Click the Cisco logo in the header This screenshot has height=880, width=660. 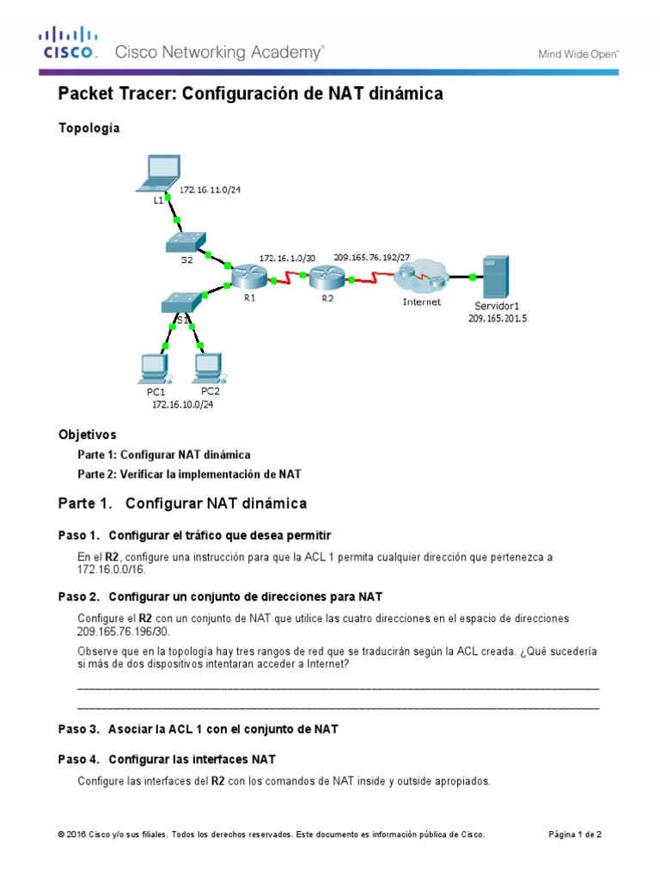coord(68,43)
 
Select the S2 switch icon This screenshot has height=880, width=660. coord(186,241)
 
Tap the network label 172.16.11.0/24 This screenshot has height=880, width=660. coord(210,190)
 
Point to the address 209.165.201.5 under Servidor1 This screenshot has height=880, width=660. coord(498,318)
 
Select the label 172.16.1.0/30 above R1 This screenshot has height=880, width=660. coord(287,257)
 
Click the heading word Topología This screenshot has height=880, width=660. coord(89,128)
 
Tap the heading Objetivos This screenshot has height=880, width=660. coord(87,435)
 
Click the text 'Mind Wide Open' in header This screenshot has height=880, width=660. coord(578,53)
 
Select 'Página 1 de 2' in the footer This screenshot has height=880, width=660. coord(575,834)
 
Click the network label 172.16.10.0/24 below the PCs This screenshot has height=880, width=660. coord(182,405)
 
